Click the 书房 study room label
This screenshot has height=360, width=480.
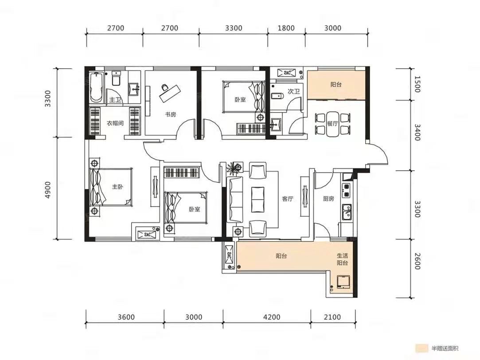(171, 114)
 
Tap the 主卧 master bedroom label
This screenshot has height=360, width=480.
(117, 186)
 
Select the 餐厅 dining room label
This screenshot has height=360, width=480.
(332, 124)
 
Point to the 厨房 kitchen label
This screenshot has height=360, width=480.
(328, 199)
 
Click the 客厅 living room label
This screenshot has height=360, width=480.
(288, 199)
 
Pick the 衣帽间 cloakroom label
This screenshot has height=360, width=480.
(115, 123)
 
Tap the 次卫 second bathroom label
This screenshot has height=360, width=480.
(293, 91)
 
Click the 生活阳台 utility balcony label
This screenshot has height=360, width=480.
(342, 259)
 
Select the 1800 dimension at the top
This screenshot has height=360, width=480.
(286, 28)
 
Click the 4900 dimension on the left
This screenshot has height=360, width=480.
(48, 190)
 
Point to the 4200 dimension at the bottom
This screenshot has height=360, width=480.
(272, 317)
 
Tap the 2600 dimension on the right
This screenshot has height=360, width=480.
(417, 261)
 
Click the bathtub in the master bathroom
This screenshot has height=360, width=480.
(96, 87)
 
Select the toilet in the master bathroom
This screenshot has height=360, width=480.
(116, 78)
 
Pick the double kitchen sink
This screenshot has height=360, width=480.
(347, 212)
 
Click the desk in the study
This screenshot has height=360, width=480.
(170, 94)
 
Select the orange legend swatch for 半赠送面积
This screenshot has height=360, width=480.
(421, 348)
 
